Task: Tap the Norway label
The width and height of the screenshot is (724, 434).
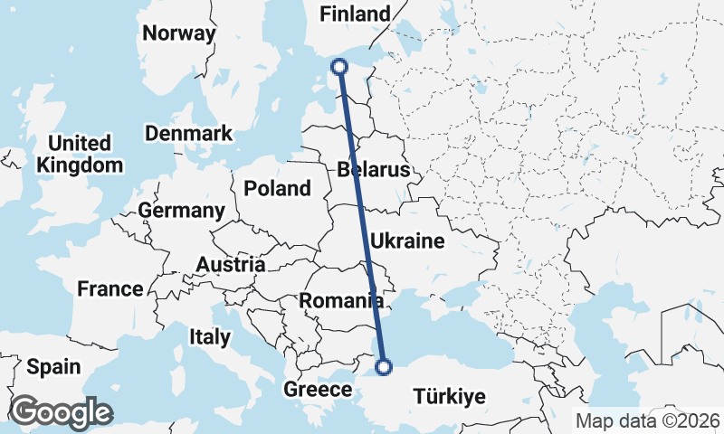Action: [179, 33]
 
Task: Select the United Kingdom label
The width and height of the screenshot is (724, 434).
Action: [80, 154]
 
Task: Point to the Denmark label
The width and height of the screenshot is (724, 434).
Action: [189, 133]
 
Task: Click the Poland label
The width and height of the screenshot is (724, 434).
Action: [276, 189]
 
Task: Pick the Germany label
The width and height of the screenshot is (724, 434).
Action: [181, 211]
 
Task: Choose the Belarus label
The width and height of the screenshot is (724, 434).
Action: [373, 170]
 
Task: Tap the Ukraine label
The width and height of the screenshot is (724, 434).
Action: [408, 241]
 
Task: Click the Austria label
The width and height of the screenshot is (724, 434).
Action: [231, 265]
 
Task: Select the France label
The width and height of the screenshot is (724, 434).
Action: [110, 289]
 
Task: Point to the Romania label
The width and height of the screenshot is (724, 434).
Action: [341, 300]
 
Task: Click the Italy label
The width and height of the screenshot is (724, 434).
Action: [210, 336]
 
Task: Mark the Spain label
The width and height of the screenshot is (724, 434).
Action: [52, 367]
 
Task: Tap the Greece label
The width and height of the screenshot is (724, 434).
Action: [318, 390]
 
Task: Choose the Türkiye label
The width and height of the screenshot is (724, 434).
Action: [449, 396]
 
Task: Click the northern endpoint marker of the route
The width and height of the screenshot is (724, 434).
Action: [339, 66]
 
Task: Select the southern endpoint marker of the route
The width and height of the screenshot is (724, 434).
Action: [384, 367]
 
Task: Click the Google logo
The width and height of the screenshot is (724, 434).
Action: [61, 412]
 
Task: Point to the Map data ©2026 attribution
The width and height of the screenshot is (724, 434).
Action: [647, 420]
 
